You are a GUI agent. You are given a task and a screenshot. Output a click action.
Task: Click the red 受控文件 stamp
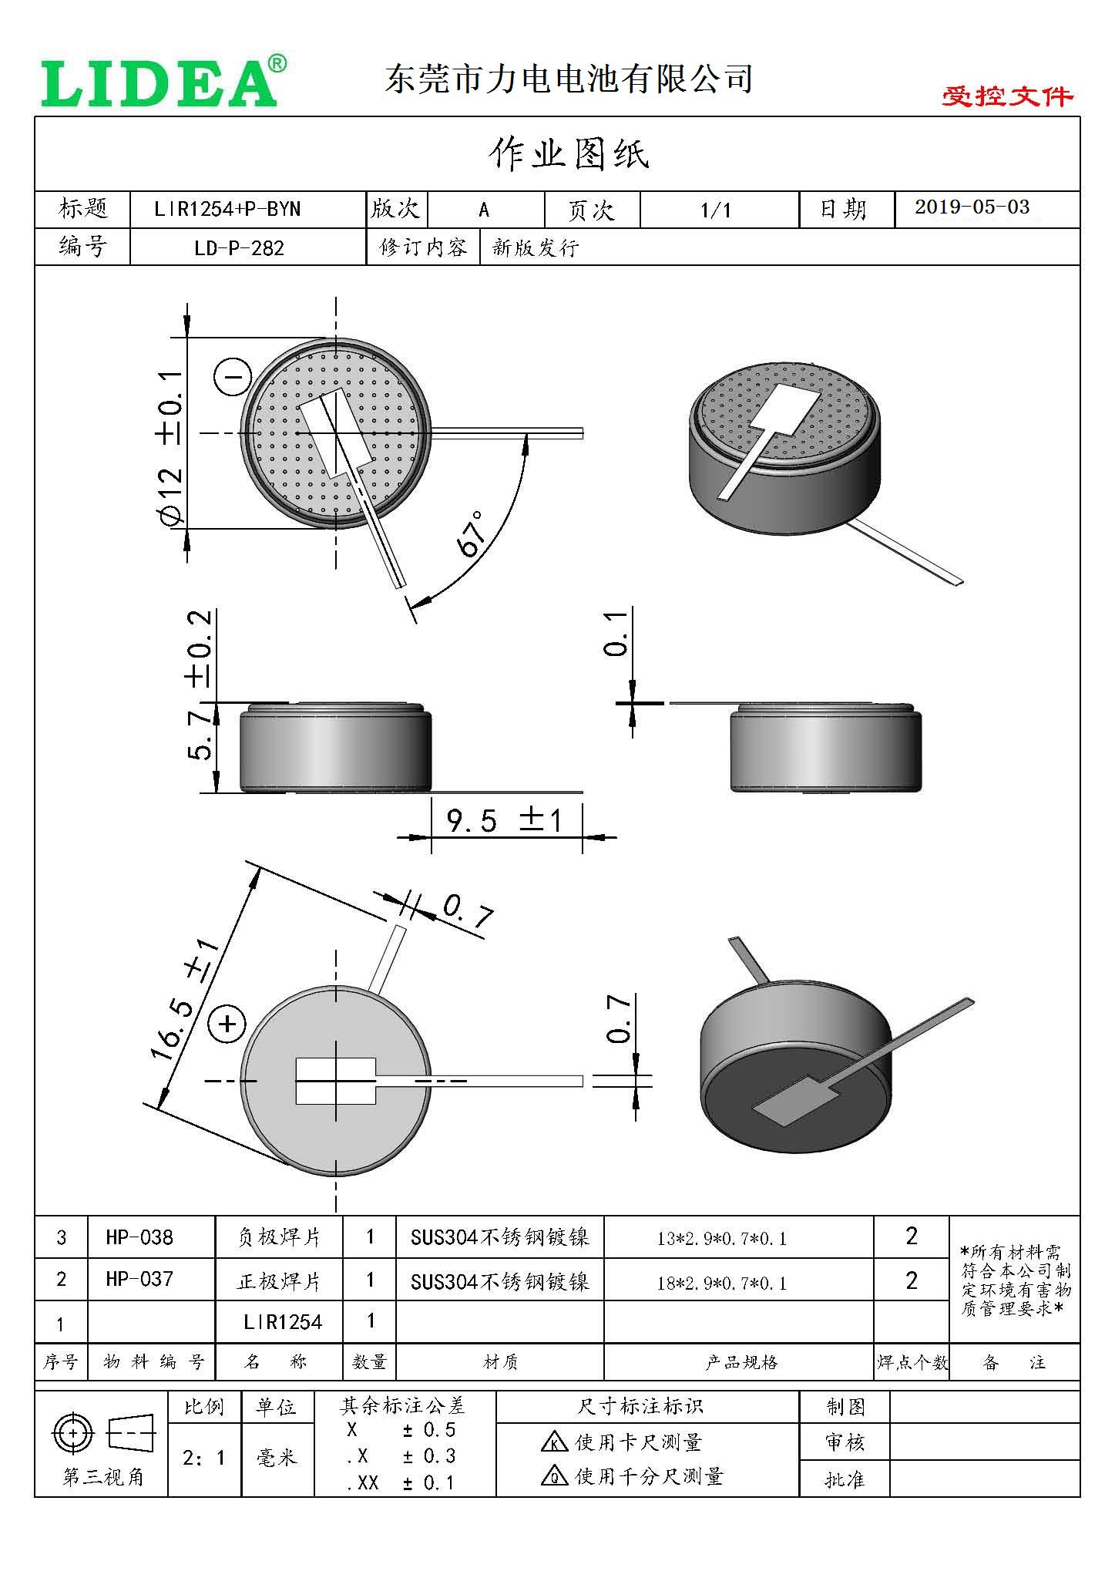1006,96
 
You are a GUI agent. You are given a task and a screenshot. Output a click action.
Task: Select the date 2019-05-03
972,207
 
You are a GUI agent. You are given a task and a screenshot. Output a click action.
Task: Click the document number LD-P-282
239,248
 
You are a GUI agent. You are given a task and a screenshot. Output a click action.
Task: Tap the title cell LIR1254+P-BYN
227,209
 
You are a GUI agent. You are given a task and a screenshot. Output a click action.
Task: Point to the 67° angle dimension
472,533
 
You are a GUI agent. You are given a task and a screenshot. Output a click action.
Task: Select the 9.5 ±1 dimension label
505,820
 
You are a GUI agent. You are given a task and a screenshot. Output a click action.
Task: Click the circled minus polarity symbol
233,377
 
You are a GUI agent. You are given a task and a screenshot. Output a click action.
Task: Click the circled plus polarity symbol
227,1024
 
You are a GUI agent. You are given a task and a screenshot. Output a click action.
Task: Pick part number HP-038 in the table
139,1237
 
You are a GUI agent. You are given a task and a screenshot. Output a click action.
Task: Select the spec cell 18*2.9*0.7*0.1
722,1283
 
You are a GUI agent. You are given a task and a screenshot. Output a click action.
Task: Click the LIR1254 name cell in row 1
282,1322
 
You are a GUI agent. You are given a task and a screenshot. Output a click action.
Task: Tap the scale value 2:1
203,1458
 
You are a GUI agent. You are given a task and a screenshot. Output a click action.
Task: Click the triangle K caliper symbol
554,1442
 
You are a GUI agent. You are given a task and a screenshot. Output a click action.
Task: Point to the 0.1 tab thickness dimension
617,634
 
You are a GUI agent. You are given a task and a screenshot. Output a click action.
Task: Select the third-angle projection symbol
102,1435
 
